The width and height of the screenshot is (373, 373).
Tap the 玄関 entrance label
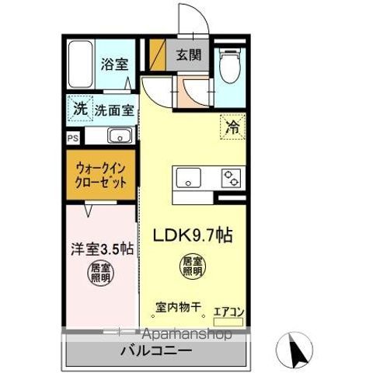(x=187, y=55)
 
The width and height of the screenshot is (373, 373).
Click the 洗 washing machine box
(x=80, y=108)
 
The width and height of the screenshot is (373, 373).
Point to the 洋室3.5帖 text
(x=100, y=250)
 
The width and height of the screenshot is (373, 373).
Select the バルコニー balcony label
(x=154, y=352)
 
